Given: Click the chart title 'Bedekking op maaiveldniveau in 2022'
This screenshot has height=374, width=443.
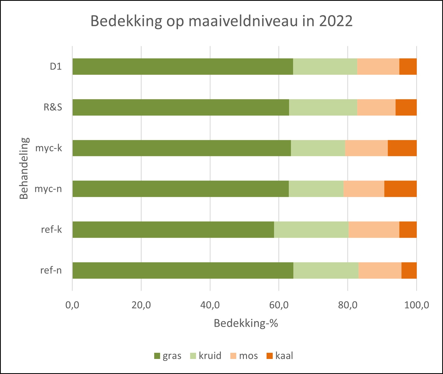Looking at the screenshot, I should [x=221, y=21].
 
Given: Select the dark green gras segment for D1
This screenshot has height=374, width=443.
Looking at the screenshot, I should [x=183, y=66].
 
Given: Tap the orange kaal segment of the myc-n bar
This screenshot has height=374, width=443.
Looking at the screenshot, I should [x=400, y=189].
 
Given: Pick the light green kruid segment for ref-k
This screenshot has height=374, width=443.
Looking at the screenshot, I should [x=311, y=230].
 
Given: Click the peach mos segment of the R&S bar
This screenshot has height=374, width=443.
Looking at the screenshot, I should [x=376, y=107].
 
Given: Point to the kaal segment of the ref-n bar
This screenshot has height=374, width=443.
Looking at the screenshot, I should [x=409, y=271].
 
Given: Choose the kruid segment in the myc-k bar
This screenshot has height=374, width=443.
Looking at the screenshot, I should [x=318, y=148].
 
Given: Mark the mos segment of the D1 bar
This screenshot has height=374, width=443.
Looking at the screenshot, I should [x=378, y=66].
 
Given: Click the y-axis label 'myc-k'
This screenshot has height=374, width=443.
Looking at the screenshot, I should [x=49, y=148].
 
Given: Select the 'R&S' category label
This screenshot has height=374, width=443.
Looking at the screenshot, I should [x=53, y=107].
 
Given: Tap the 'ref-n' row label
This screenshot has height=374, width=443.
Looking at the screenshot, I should [x=51, y=270].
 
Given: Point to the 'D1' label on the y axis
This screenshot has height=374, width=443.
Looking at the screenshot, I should [x=56, y=66].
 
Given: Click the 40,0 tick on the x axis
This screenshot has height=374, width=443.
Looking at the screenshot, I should [x=210, y=305].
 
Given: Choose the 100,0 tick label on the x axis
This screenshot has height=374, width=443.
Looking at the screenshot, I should [x=416, y=305].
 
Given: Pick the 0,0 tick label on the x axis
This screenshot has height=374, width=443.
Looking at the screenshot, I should [x=72, y=305].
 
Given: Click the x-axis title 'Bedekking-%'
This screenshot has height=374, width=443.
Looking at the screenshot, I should [x=246, y=323].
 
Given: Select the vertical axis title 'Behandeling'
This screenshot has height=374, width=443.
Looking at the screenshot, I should [x=24, y=168].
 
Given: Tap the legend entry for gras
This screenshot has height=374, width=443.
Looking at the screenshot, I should [x=168, y=356].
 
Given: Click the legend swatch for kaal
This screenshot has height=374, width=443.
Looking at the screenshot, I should [x=269, y=356].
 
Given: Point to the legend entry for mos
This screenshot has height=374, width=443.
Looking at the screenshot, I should [x=244, y=356].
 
